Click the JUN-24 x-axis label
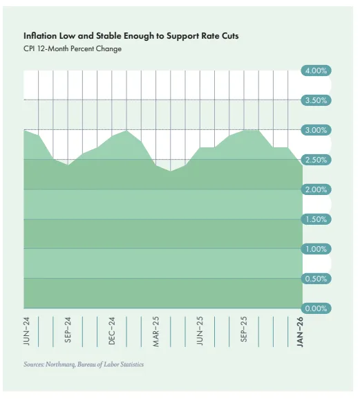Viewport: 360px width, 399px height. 25,331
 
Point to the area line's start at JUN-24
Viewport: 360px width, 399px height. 25,130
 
